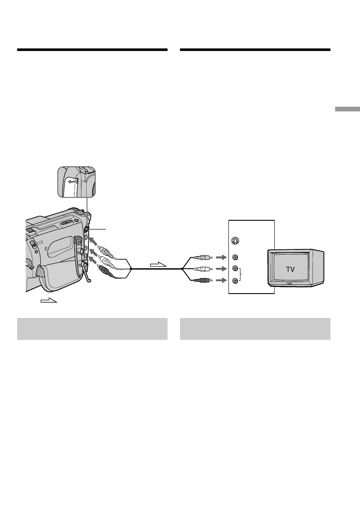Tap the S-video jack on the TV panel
[x=234, y=240]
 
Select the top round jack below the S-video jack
[x=234, y=258]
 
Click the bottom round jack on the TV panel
[x=234, y=281]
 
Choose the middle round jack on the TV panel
[x=234, y=269]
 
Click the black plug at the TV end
[x=201, y=281]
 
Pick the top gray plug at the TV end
[x=201, y=258]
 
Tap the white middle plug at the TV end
[x=201, y=269]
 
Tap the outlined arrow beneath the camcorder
[x=48, y=300]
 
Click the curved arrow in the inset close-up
[x=72, y=181]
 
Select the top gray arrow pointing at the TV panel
[x=221, y=258]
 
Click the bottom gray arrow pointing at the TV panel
[x=221, y=281]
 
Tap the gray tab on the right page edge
[x=348, y=109]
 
